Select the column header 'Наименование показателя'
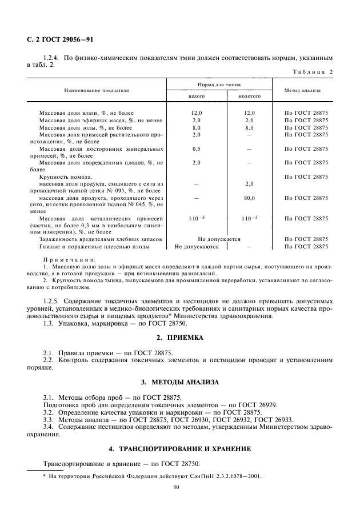96,90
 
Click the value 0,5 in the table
197,148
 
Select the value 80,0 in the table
249,198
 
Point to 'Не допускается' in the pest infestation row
219,239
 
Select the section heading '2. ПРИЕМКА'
180,338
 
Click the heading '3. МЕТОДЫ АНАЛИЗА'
180,382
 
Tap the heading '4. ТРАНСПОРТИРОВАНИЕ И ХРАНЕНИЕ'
180,448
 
